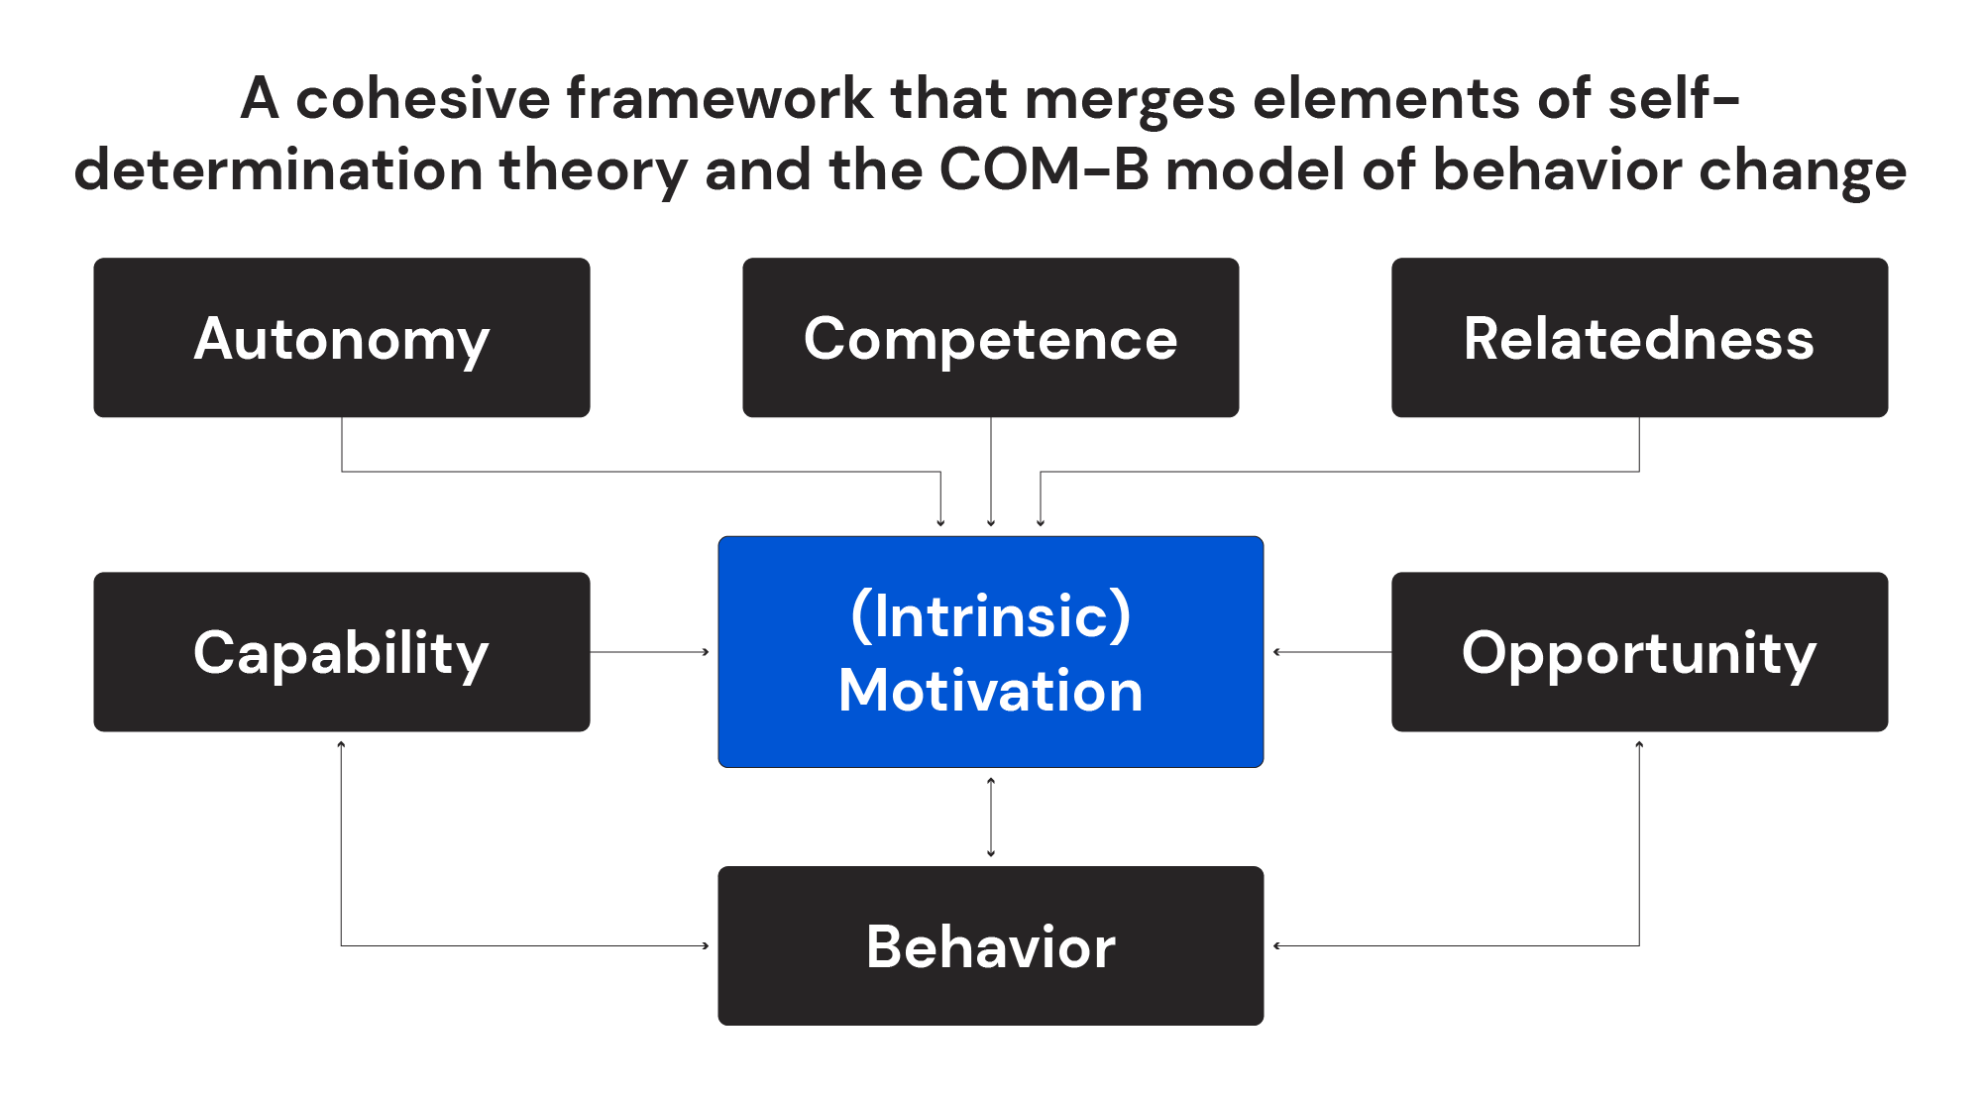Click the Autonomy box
click(x=342, y=338)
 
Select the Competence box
click(x=990, y=338)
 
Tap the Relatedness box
click(x=1639, y=338)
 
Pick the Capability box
click(x=342, y=652)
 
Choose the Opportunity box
click(x=1639, y=652)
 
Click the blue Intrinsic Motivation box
click(x=990, y=652)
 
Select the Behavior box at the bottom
click(x=990, y=945)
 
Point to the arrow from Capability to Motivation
click(x=649, y=652)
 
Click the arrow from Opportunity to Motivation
click(x=1332, y=652)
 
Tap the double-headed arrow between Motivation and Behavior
click(x=991, y=817)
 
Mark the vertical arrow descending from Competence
click(x=991, y=471)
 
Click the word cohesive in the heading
click(x=423, y=98)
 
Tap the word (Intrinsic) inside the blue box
click(x=990, y=615)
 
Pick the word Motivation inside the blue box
click(x=990, y=690)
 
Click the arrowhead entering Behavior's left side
click(x=705, y=945)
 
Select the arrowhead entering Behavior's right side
click(x=1277, y=945)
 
